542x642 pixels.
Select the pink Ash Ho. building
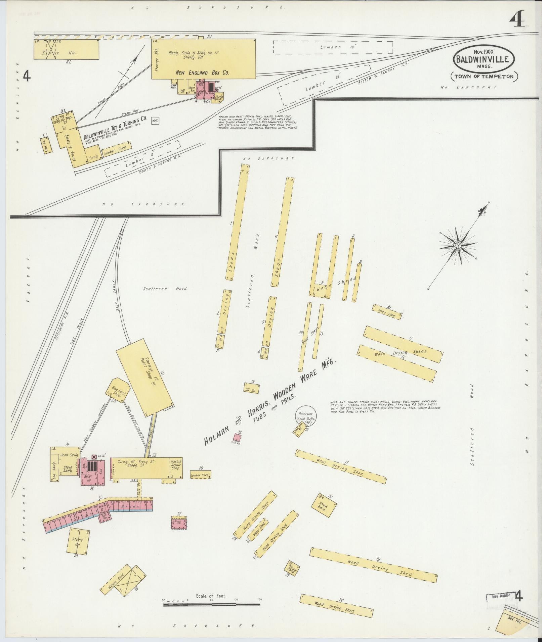point(238,438)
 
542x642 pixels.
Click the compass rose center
point(458,246)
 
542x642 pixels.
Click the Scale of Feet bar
point(212,604)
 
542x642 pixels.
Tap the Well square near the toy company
point(155,121)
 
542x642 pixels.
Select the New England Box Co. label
point(203,72)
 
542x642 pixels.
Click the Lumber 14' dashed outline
point(333,47)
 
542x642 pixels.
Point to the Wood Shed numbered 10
point(387,312)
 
